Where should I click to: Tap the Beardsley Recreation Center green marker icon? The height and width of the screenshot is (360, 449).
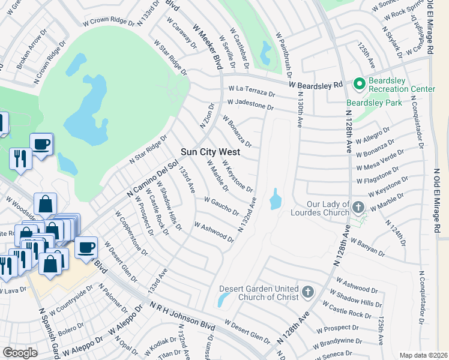tap(360, 83)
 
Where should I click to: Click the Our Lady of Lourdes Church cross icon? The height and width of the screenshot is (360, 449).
tap(358, 208)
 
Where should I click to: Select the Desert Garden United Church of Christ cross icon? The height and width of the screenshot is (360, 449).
tap(307, 292)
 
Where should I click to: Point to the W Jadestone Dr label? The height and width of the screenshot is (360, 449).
tap(250, 105)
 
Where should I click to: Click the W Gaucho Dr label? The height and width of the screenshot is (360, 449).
tap(221, 207)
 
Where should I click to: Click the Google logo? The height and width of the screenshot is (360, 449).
tap(20, 353)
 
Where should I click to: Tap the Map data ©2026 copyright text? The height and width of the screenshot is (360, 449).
tap(423, 355)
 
